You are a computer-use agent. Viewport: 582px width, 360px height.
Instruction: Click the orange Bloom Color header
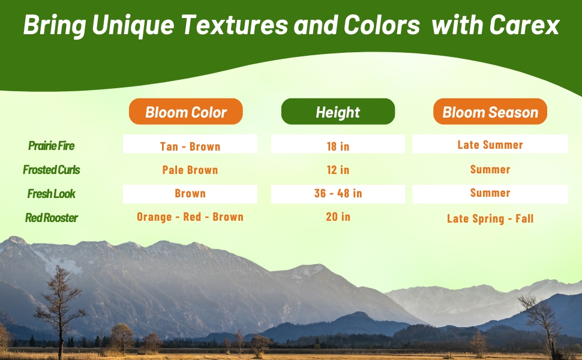coord(186,112)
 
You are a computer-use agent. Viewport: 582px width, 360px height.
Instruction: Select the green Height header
coord(338,112)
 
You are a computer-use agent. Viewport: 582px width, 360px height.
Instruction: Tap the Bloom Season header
coord(490,112)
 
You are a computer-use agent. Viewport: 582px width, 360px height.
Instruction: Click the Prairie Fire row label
coord(52,146)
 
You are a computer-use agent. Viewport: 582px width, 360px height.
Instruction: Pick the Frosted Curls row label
coord(52,170)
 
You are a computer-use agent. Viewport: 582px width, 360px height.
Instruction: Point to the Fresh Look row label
coord(52,194)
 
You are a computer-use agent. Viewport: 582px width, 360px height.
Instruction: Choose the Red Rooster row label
coord(52,218)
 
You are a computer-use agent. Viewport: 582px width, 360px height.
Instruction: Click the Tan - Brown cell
coord(190,146)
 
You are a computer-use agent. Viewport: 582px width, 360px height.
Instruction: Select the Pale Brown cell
coord(190,170)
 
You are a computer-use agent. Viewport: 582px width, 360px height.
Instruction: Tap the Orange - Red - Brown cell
coord(190,217)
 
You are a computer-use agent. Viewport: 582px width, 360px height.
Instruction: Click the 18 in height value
coord(338,146)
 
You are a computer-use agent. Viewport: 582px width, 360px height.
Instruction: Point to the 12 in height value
coord(338,170)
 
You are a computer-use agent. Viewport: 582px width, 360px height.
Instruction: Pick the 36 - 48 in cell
coord(338,194)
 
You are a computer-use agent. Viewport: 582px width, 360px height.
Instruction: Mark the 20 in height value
coord(338,217)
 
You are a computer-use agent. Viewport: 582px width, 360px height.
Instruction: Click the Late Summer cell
coord(490,145)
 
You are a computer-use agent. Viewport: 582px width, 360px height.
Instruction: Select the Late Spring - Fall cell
coord(490,219)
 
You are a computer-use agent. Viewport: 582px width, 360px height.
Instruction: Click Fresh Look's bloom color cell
coord(190,194)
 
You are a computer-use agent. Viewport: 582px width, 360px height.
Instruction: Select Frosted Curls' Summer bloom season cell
coord(490,170)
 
